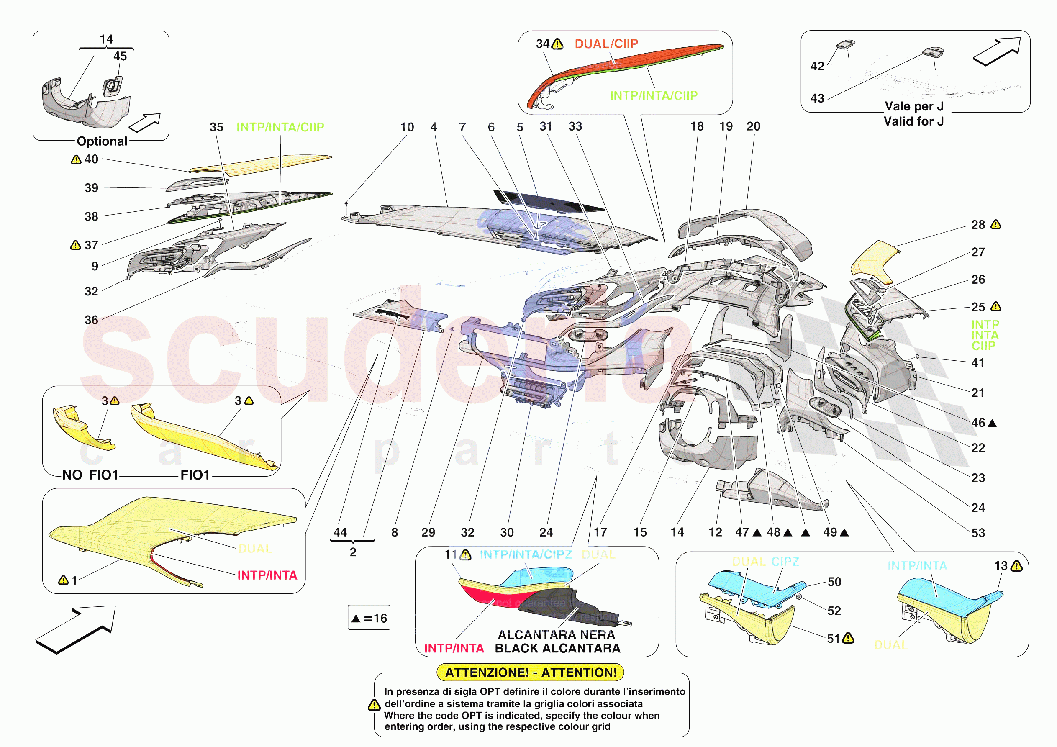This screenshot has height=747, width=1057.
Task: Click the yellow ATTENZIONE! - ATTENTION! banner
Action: [530, 672]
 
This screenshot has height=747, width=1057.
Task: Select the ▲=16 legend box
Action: [369, 618]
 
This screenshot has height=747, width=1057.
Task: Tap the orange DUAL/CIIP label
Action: [606, 44]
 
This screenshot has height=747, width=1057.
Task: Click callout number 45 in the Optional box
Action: [120, 56]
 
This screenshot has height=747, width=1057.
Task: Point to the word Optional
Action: [102, 141]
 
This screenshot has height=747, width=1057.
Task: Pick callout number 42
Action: [817, 66]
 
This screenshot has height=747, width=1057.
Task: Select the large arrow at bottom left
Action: [76, 629]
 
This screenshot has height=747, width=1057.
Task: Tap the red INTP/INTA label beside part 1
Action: [267, 575]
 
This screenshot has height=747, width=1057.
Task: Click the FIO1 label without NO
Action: [195, 475]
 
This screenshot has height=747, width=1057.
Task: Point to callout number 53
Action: [978, 533]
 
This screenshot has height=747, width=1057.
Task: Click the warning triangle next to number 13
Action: [1016, 566]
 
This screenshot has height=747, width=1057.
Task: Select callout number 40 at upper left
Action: [91, 159]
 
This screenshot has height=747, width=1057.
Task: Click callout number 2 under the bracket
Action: [353, 552]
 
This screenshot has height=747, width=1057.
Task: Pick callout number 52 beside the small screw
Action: [834, 611]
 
